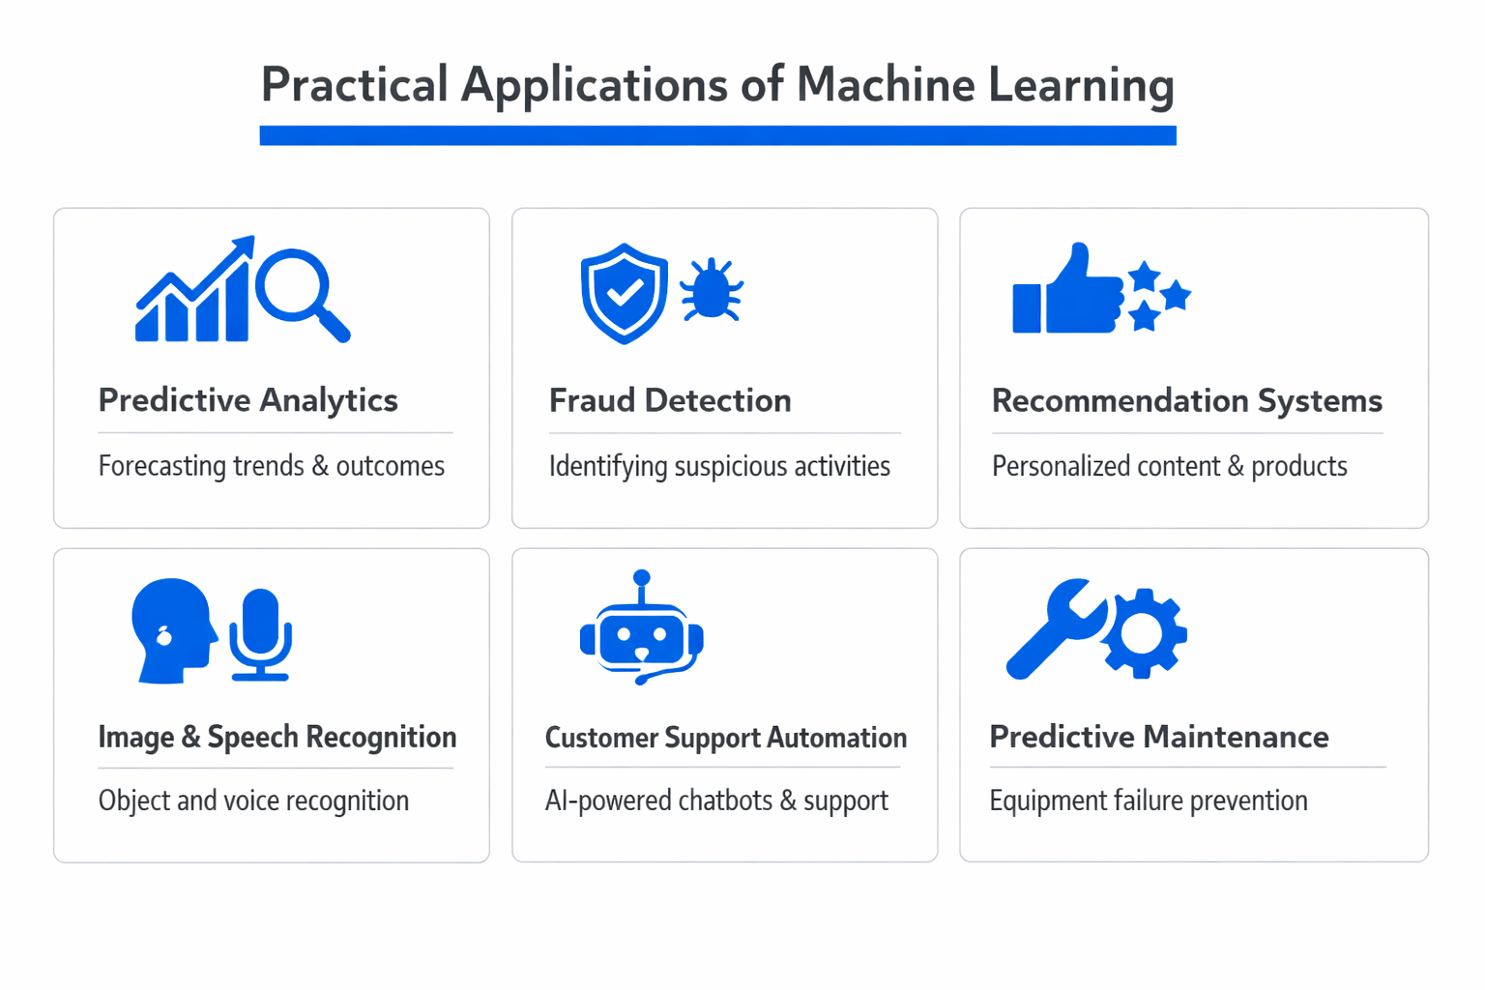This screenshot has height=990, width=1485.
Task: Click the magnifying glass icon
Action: [300, 291]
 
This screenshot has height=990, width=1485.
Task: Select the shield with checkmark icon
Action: [624, 293]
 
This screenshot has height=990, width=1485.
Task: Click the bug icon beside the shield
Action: [712, 290]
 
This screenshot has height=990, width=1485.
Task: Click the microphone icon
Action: [261, 633]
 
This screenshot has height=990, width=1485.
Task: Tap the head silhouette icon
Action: [172, 630]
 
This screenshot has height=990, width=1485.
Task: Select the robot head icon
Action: [641, 633]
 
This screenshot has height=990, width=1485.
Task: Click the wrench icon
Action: [1054, 628]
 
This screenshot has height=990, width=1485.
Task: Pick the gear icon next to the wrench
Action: [1145, 633]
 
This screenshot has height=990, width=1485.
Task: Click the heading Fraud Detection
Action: [670, 400]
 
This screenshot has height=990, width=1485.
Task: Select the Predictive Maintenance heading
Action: [1158, 737]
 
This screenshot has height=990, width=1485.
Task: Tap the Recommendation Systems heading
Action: [1186, 400]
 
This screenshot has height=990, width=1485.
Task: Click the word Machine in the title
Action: [886, 85]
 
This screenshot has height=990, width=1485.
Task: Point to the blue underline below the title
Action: [717, 135]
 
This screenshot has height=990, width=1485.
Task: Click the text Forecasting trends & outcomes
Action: [271, 466]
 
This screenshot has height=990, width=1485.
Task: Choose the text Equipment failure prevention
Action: [1148, 801]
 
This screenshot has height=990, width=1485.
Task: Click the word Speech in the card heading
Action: [252, 737]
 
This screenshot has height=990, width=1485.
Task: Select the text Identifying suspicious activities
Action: [719, 466]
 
